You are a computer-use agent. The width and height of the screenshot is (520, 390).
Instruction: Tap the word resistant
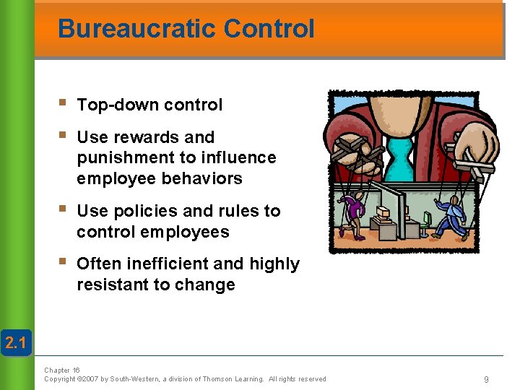113,285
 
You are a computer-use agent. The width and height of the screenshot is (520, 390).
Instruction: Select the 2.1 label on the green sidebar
14,343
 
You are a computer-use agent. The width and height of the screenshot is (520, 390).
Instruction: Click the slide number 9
487,379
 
